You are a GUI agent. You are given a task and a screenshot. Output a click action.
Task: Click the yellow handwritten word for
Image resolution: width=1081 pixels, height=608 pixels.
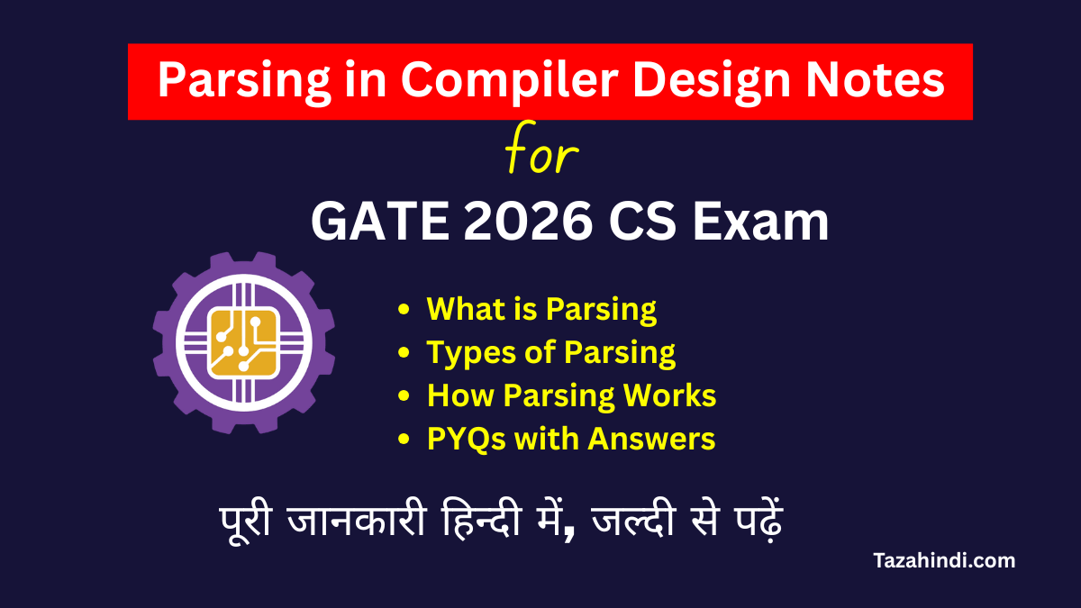[x=540, y=156]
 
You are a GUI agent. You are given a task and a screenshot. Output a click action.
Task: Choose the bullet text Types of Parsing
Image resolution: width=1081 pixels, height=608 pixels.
[x=551, y=352]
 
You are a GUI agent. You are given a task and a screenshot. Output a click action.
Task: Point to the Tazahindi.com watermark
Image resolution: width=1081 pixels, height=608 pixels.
[x=944, y=560]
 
